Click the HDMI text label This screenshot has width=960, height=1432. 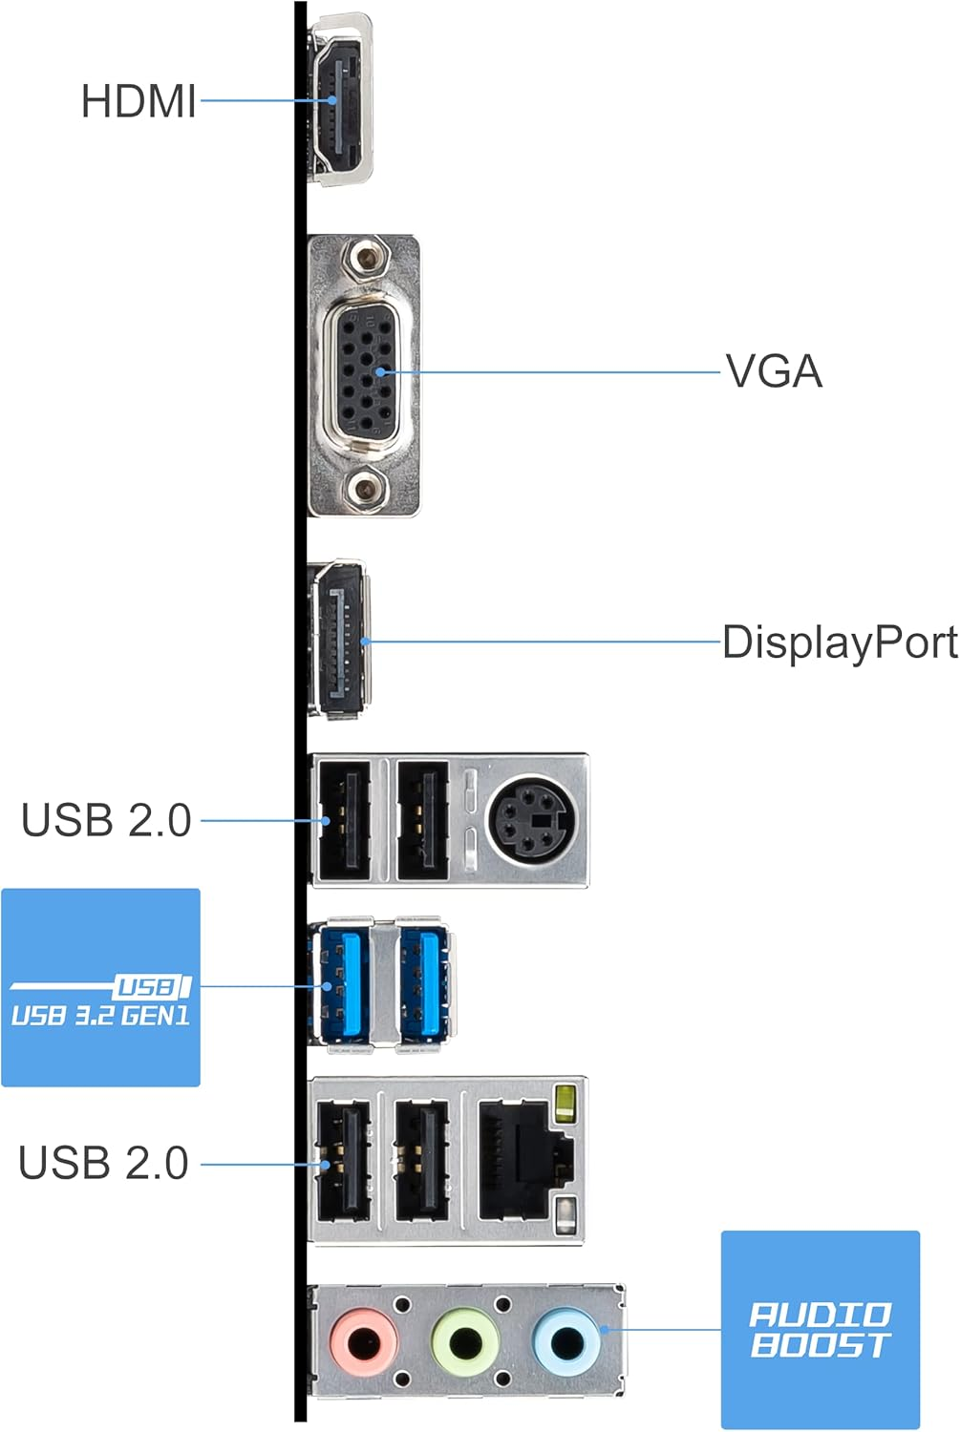click(139, 101)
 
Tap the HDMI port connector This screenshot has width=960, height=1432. click(340, 99)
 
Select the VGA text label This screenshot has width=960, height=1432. click(774, 371)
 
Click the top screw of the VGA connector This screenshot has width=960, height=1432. click(364, 258)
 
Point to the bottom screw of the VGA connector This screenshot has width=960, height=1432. click(364, 491)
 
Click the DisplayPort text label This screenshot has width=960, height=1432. click(839, 642)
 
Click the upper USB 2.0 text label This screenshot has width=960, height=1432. click(106, 820)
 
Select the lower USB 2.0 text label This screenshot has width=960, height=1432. click(103, 1163)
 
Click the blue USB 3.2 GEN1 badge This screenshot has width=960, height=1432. click(100, 988)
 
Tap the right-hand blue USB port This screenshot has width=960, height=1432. click(424, 985)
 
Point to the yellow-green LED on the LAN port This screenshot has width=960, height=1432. click(565, 1102)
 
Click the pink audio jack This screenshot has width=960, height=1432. click(363, 1342)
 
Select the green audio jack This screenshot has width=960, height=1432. click(465, 1342)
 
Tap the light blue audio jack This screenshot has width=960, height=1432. click(566, 1341)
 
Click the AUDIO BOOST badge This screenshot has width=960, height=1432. click(820, 1330)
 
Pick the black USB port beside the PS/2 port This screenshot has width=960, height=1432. click(422, 819)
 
